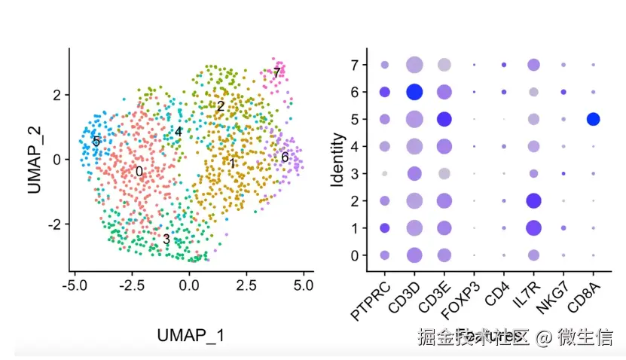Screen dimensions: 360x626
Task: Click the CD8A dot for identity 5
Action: pos(593,119)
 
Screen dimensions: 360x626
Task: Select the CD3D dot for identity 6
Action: pos(414,92)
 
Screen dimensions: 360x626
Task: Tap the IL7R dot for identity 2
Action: pos(534,200)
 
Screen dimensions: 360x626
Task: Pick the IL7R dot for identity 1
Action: pos(534,227)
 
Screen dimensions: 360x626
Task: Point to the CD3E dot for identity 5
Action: pos(444,119)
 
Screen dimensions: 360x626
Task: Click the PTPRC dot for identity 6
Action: pos(385,92)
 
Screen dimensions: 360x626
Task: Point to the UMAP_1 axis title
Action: pos(191,335)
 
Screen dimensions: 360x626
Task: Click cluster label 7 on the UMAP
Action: pos(276,73)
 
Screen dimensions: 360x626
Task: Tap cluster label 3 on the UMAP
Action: pos(166,240)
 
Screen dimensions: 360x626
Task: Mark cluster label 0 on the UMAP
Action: pos(139,172)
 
